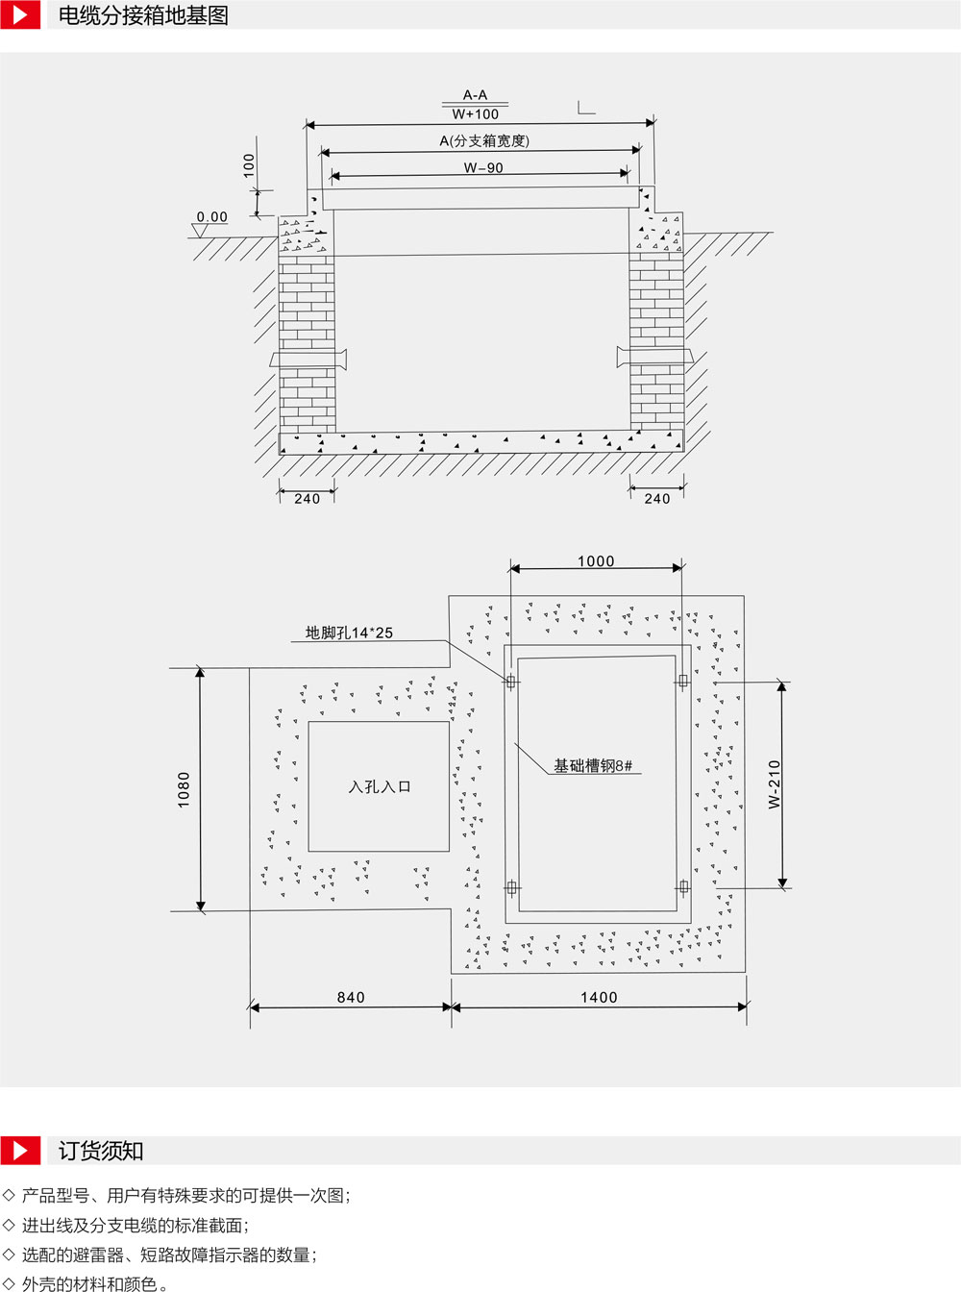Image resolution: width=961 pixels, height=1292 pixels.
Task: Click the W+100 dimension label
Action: pyautogui.click(x=476, y=114)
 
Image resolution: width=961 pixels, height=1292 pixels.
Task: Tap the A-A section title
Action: pyautogui.click(x=476, y=95)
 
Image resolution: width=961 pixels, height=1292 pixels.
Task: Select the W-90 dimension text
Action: pyautogui.click(x=483, y=168)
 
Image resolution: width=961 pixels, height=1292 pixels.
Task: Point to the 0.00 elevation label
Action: pyautogui.click(x=212, y=216)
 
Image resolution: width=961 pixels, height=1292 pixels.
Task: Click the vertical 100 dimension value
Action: pyautogui.click(x=249, y=165)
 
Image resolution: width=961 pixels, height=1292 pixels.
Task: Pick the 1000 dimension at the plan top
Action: pyautogui.click(x=596, y=561)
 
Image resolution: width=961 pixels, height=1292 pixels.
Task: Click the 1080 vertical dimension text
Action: pyautogui.click(x=184, y=790)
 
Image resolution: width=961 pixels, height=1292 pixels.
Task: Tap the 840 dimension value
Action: pyautogui.click(x=351, y=997)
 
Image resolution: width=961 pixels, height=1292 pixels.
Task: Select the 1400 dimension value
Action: pyautogui.click(x=599, y=997)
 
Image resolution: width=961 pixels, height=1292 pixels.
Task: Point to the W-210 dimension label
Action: pyautogui.click(x=774, y=784)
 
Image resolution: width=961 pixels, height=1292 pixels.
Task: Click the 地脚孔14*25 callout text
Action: pyautogui.click(x=349, y=633)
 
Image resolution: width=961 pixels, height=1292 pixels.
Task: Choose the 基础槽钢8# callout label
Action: pyautogui.click(x=593, y=765)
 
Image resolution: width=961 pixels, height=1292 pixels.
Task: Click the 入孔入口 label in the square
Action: pyautogui.click(x=380, y=787)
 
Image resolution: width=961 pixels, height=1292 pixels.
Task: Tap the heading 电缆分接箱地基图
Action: pyautogui.click(x=143, y=15)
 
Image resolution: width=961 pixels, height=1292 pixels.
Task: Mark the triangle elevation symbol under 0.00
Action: pyautogui.click(x=200, y=232)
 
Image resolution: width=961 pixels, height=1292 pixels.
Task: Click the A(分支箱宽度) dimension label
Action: pyautogui.click(x=484, y=141)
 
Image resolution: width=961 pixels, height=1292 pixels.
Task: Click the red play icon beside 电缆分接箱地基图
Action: pyautogui.click(x=20, y=15)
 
